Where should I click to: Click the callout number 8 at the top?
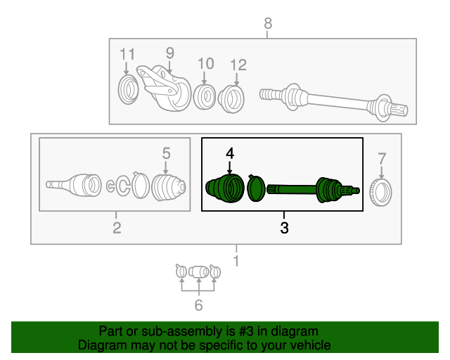pyautogui.click(x=268, y=23)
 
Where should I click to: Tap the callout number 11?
pyautogui.click(x=127, y=54)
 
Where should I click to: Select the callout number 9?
pyautogui.click(x=170, y=53)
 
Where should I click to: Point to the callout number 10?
pyautogui.click(x=206, y=63)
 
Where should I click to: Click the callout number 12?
pyautogui.click(x=238, y=65)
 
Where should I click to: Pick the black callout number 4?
pyautogui.click(x=230, y=153)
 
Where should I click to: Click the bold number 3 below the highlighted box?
pyautogui.click(x=284, y=228)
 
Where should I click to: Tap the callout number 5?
pyautogui.click(x=167, y=153)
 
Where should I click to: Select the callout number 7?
pyautogui.click(x=382, y=159)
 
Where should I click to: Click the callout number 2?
pyautogui.click(x=117, y=228)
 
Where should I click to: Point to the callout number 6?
pyautogui.click(x=198, y=305)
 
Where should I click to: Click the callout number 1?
pyautogui.click(x=236, y=261)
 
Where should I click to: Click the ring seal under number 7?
pyautogui.click(x=380, y=193)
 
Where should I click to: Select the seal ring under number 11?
pyautogui.click(x=128, y=89)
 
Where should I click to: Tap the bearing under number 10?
pyautogui.click(x=205, y=97)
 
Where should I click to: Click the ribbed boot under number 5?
pyautogui.click(x=169, y=188)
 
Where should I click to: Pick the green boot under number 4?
pyautogui.click(x=225, y=188)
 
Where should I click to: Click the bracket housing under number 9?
pyautogui.click(x=164, y=88)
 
